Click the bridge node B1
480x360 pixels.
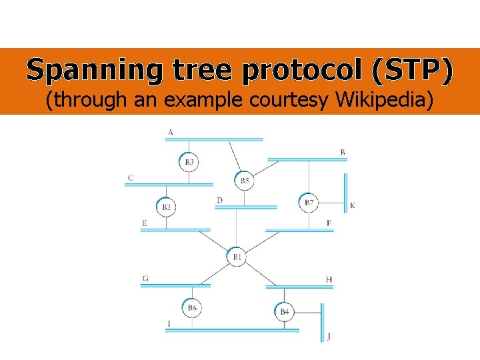pos(237,257)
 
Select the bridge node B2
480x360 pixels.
pos(166,207)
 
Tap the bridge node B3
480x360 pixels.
pos(189,162)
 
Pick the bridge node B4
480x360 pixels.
pos(285,311)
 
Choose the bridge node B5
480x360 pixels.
pos(245,181)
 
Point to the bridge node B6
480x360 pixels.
pos(192,307)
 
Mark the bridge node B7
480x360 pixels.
pos(309,202)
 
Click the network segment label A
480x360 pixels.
pos(171,132)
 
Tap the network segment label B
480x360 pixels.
pos(343,152)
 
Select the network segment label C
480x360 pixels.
pos(131,177)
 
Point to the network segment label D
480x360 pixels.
pos(219,200)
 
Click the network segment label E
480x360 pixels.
pos(144,223)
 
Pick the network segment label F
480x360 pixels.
pos(329,223)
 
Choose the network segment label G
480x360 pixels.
pos(145,278)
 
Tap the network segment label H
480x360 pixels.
pos(329,279)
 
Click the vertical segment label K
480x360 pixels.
pos(352,205)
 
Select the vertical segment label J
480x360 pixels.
pos(329,336)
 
